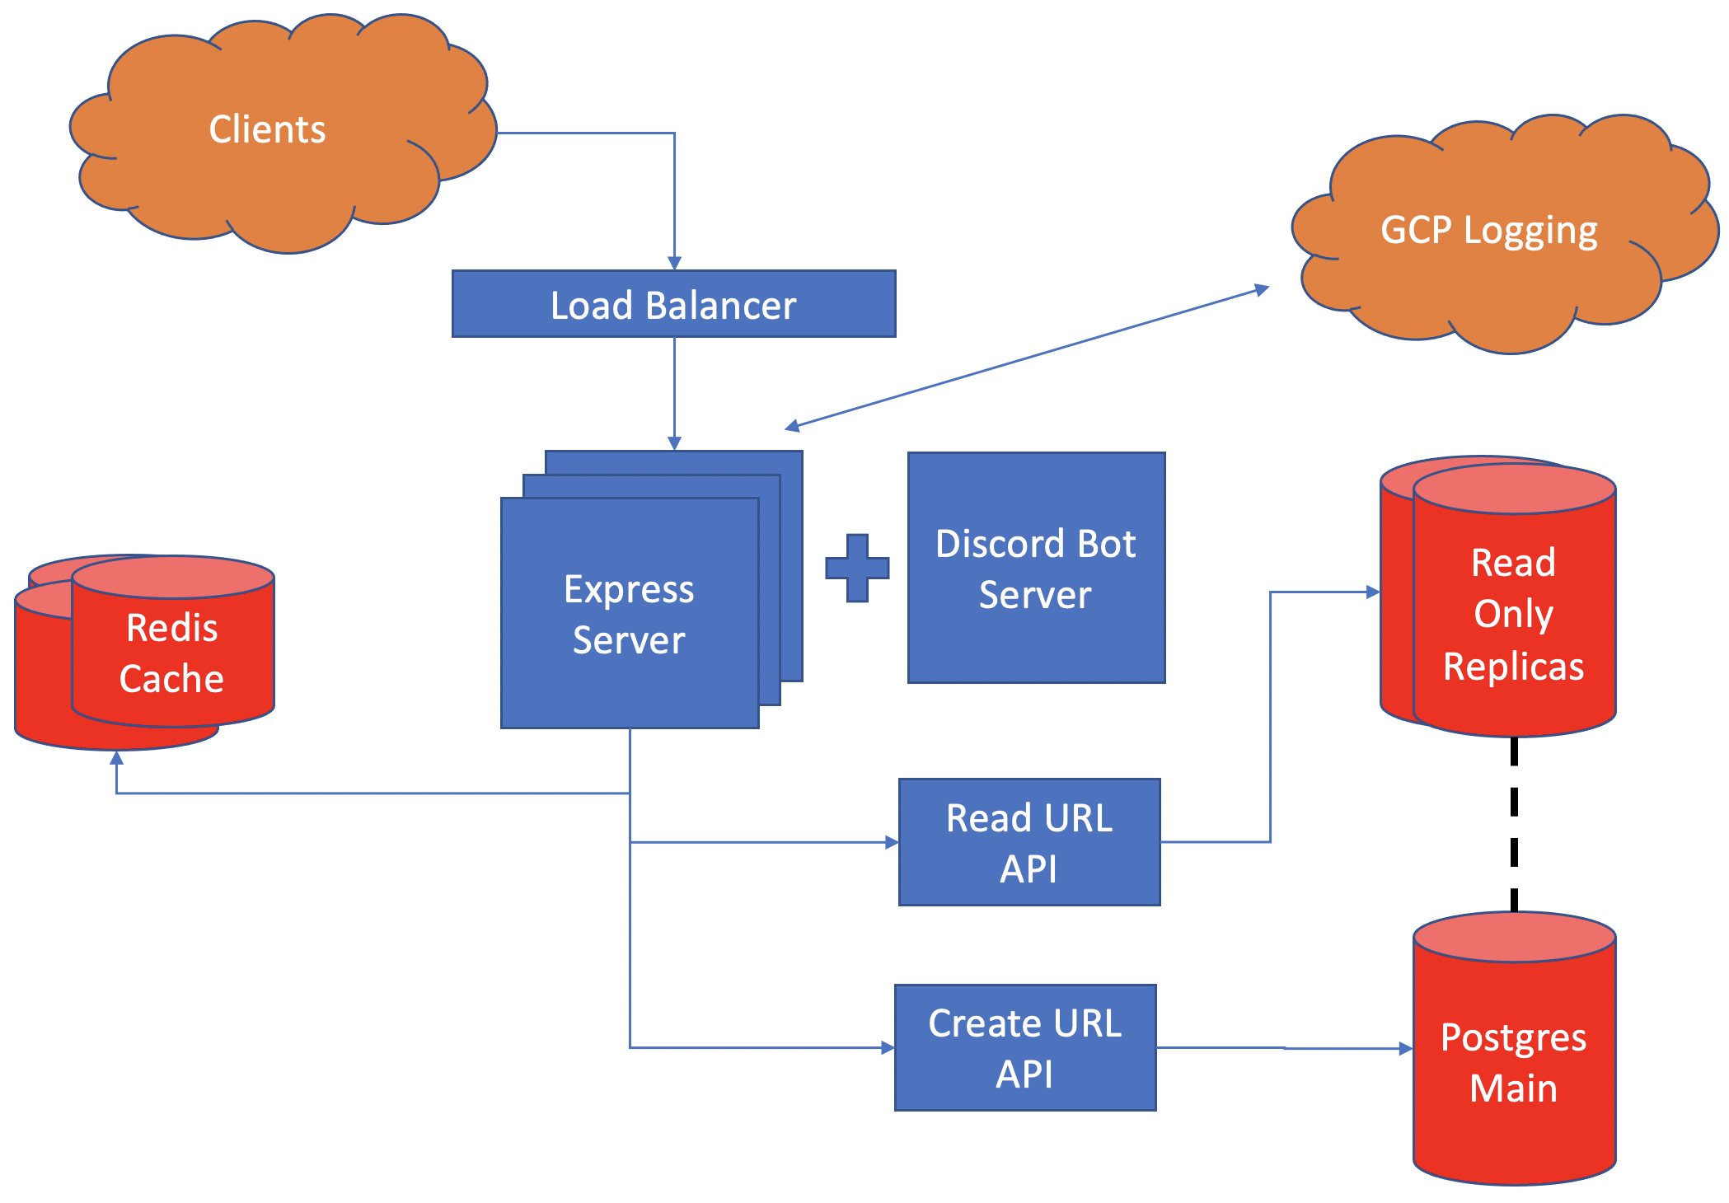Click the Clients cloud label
coord(267,129)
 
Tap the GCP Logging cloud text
coord(1488,230)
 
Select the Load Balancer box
coord(673,304)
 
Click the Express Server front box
coord(629,614)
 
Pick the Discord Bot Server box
coord(1036,569)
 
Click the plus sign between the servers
coord(857,568)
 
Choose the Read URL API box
coord(1029,842)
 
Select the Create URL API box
coord(1025,1048)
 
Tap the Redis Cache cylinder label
coord(171,653)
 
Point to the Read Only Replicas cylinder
coord(1513,615)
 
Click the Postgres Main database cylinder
coord(1513,1063)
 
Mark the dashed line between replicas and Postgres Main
coord(1514,824)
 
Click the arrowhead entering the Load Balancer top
coord(674,263)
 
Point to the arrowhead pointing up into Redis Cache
coord(117,758)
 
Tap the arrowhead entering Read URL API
coord(891,842)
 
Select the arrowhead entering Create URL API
coord(888,1048)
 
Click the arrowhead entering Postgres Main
coord(1406,1049)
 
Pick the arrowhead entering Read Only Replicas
coord(1373,592)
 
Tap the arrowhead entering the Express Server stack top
coord(674,443)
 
